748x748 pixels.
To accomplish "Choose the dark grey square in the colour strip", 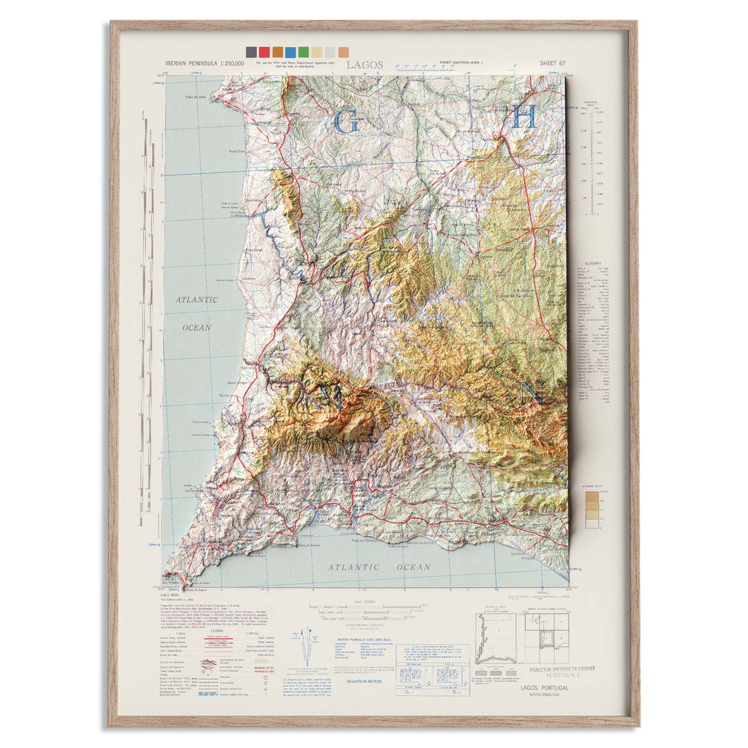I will (251, 52).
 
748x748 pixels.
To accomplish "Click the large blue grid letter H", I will (524, 118).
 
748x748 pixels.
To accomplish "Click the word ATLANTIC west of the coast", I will (196, 301).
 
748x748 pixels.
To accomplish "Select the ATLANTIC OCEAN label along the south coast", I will (379, 567).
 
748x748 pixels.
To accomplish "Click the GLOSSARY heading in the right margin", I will (593, 263).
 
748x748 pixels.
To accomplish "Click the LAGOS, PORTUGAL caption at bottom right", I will (547, 687).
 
